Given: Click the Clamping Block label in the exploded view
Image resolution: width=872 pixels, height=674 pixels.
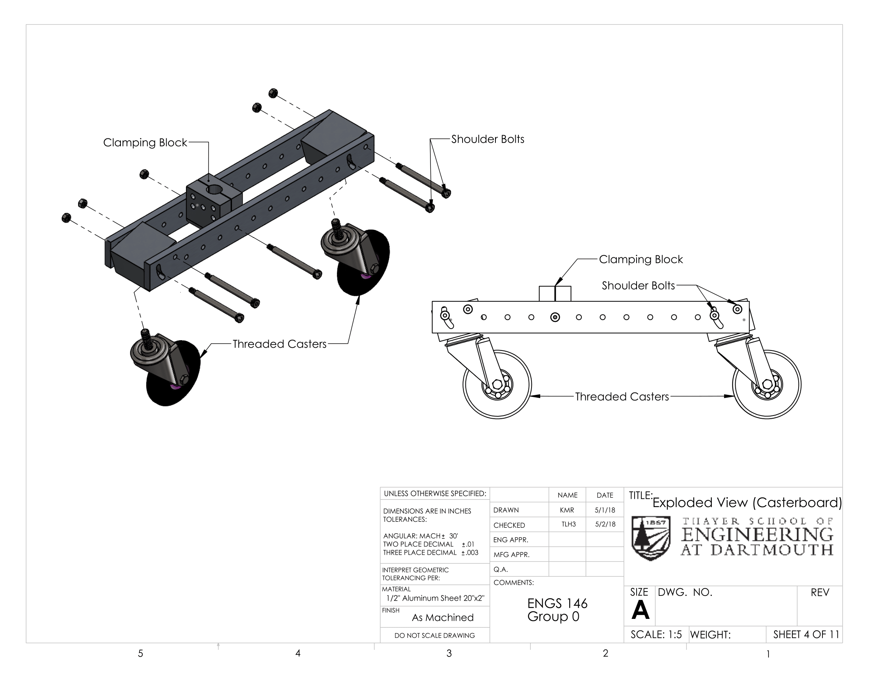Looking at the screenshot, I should point(145,143).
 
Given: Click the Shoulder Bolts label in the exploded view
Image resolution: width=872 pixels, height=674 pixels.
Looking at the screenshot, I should point(488,139).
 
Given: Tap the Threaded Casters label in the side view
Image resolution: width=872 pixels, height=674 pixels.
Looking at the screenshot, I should point(621,396).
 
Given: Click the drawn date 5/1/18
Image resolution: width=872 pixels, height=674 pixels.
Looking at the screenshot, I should point(605,510).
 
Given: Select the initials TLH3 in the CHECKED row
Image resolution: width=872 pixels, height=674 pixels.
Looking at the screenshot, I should point(568,524).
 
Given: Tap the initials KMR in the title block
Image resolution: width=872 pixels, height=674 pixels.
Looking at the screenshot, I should point(567,510).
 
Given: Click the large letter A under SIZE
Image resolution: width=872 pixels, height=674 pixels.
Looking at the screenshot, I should point(641,610).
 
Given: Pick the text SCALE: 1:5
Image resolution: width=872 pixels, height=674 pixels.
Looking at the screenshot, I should point(656,634).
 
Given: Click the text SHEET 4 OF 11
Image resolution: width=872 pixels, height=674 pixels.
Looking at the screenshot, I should point(806,634).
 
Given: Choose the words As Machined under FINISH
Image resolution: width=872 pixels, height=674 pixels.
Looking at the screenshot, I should point(442,618).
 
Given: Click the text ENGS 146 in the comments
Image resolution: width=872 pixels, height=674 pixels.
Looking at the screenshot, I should point(557,603).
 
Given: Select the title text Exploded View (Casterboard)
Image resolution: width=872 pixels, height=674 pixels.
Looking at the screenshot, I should point(747,502).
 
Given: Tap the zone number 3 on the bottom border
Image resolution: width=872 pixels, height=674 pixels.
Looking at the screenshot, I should point(449,653).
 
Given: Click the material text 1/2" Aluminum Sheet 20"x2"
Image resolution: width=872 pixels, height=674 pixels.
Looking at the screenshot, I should point(435,598).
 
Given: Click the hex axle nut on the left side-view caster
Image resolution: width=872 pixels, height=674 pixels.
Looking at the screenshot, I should point(497,384).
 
